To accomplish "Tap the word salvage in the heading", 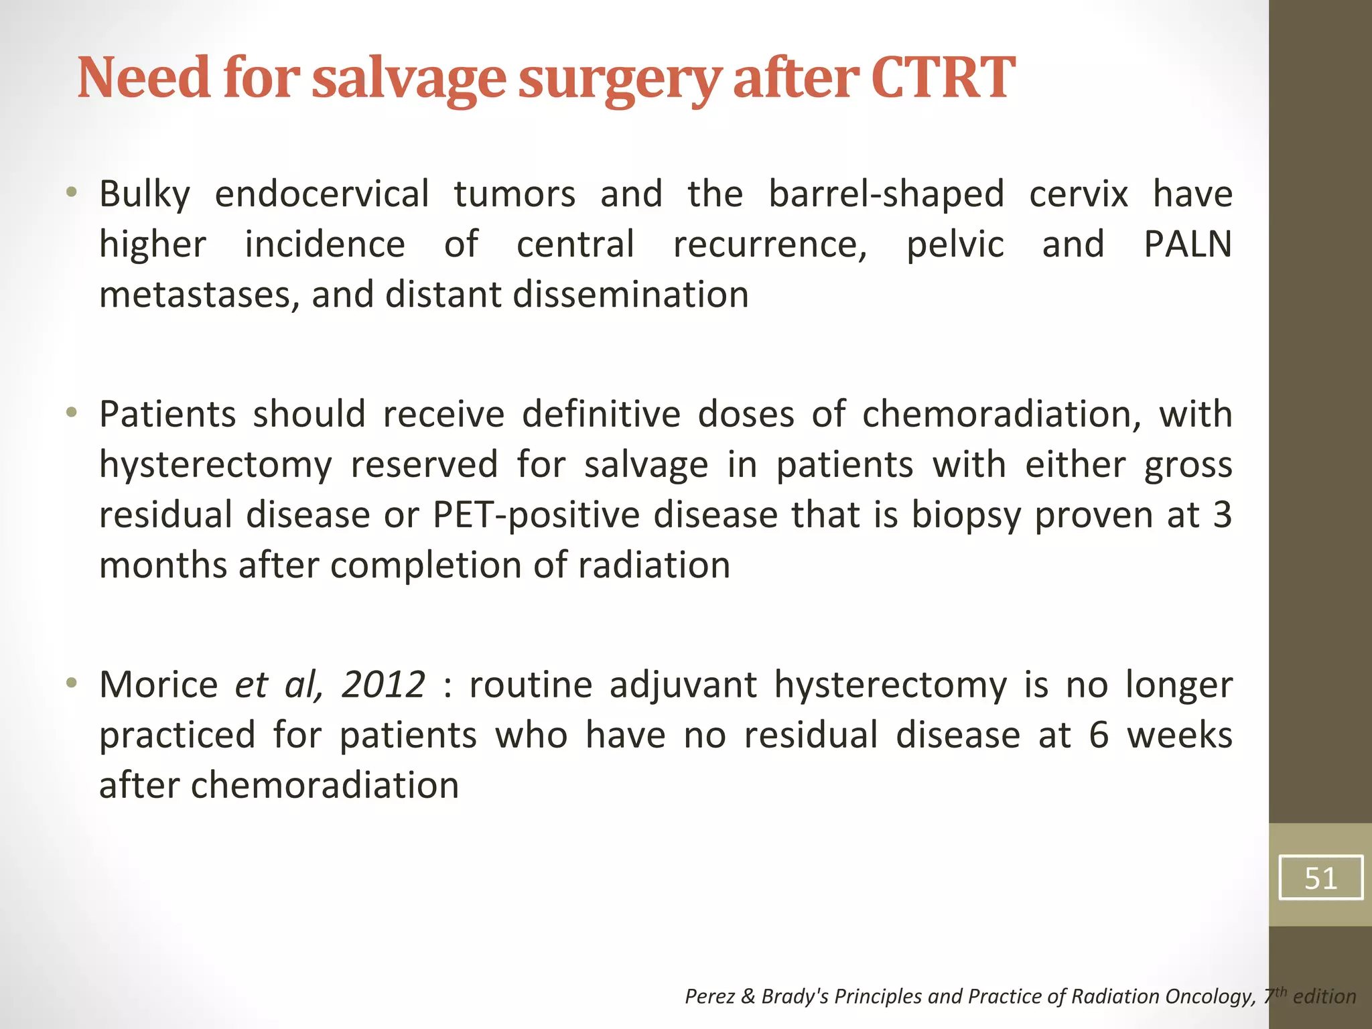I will tap(409, 79).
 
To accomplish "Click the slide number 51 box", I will tap(1320, 878).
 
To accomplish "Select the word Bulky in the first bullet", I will tap(145, 194).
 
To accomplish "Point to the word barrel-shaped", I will tap(886, 194).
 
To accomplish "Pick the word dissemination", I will tap(630, 295).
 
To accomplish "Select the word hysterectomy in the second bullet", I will tap(215, 465).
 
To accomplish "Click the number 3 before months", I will tap(1223, 514).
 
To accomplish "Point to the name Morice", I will tap(159, 685).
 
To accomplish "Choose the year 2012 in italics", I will tap(383, 685).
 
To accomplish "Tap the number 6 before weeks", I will tap(1099, 735).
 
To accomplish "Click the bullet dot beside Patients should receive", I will tap(72, 413).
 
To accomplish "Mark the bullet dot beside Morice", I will tap(72, 683).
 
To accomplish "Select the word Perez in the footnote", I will tap(710, 997).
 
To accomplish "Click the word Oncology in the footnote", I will tap(1210, 997).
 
